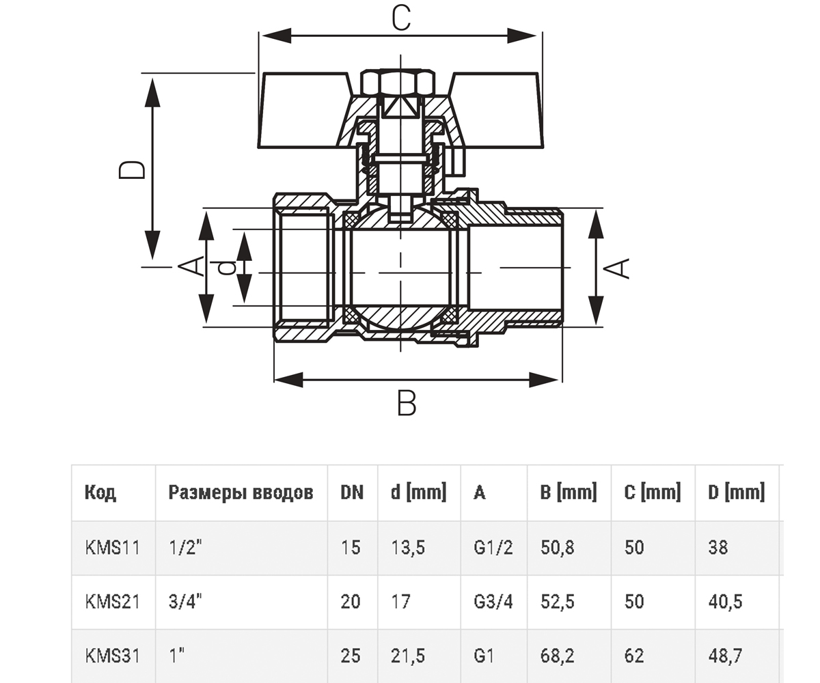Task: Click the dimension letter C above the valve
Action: point(401,18)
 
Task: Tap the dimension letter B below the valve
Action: point(406,403)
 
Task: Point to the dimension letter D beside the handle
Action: point(132,170)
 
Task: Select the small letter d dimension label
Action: point(228,268)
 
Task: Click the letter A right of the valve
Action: point(616,268)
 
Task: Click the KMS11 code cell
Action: point(112,548)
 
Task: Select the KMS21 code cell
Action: point(112,602)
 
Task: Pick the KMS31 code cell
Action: point(112,656)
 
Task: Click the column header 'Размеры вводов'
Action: point(241,492)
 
